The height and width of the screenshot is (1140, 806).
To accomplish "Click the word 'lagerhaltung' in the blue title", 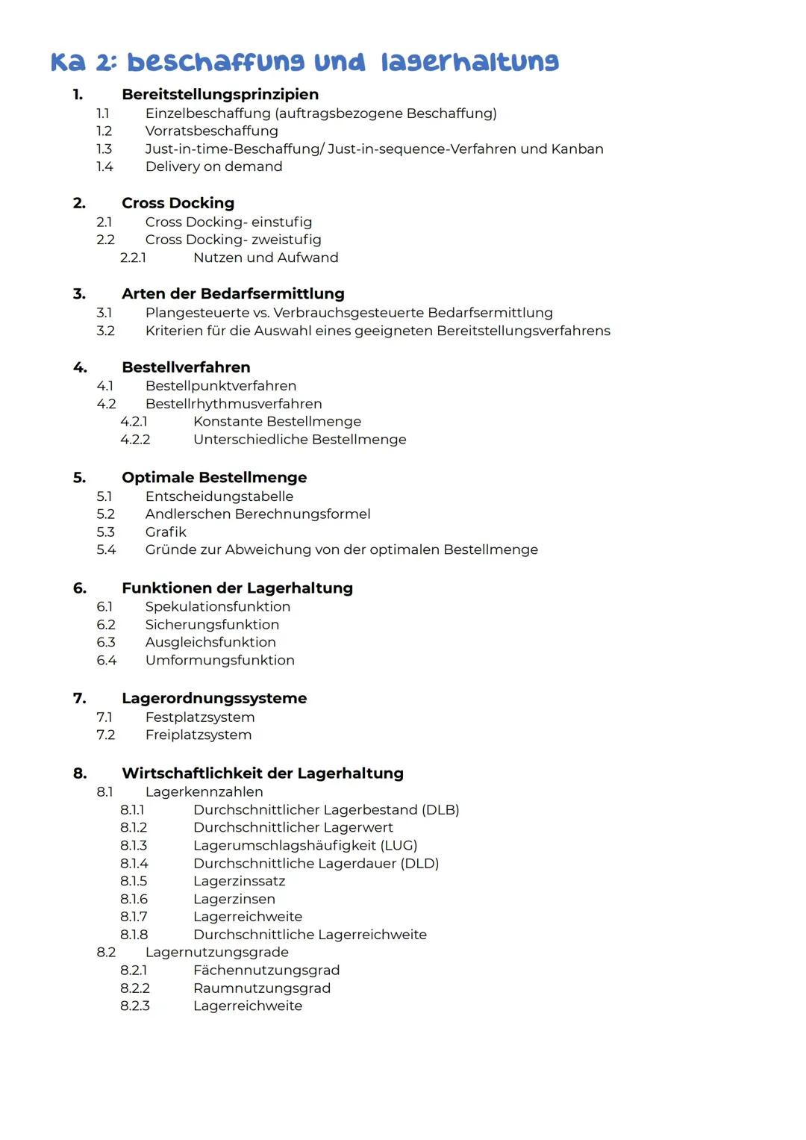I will pos(469,62).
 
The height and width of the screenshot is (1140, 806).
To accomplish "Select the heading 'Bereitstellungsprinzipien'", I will pos(220,94).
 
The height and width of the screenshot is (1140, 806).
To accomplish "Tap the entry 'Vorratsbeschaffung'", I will pos(211,131).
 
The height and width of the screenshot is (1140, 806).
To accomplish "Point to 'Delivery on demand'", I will pos(213,166).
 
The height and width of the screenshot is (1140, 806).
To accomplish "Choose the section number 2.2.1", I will pos(133,258).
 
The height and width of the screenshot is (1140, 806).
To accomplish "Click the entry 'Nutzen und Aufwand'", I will pos(266,258).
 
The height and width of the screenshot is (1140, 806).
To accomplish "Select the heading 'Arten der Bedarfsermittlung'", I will pos(233,293).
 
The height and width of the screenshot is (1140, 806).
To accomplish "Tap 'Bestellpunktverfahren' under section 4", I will pos(221,386).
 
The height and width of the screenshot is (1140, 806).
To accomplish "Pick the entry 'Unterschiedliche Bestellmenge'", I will pos(299,440).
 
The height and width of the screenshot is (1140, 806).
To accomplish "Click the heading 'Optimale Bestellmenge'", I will pos(214,477).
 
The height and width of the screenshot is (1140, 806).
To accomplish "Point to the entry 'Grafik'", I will pos(166,532).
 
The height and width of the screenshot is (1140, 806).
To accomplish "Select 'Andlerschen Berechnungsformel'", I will pos(257,514).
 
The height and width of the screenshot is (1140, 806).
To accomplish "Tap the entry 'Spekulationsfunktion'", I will pos(218,606).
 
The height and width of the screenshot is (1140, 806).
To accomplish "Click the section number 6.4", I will pos(106,660).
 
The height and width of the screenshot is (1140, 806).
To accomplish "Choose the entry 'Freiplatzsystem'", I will pos(199,735).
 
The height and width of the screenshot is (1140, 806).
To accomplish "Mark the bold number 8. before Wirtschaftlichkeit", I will pos(80,773).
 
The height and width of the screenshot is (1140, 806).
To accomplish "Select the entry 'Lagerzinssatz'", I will pos(239,881).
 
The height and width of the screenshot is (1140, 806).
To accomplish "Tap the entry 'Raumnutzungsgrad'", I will pos(261,988).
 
